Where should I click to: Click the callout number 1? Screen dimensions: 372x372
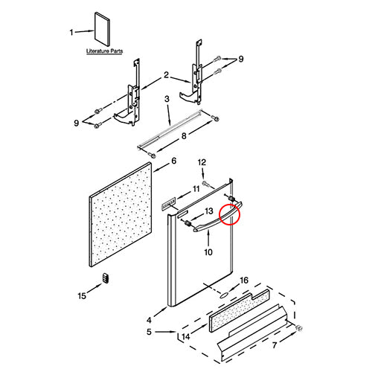point(72,33)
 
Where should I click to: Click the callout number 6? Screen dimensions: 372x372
point(174,160)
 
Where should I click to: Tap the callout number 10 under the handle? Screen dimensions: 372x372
point(208,252)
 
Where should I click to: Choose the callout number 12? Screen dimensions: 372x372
point(201,162)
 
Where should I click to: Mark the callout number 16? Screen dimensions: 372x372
point(243,280)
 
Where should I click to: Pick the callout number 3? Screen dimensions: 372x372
point(167,99)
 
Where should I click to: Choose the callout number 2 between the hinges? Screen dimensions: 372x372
point(167,74)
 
